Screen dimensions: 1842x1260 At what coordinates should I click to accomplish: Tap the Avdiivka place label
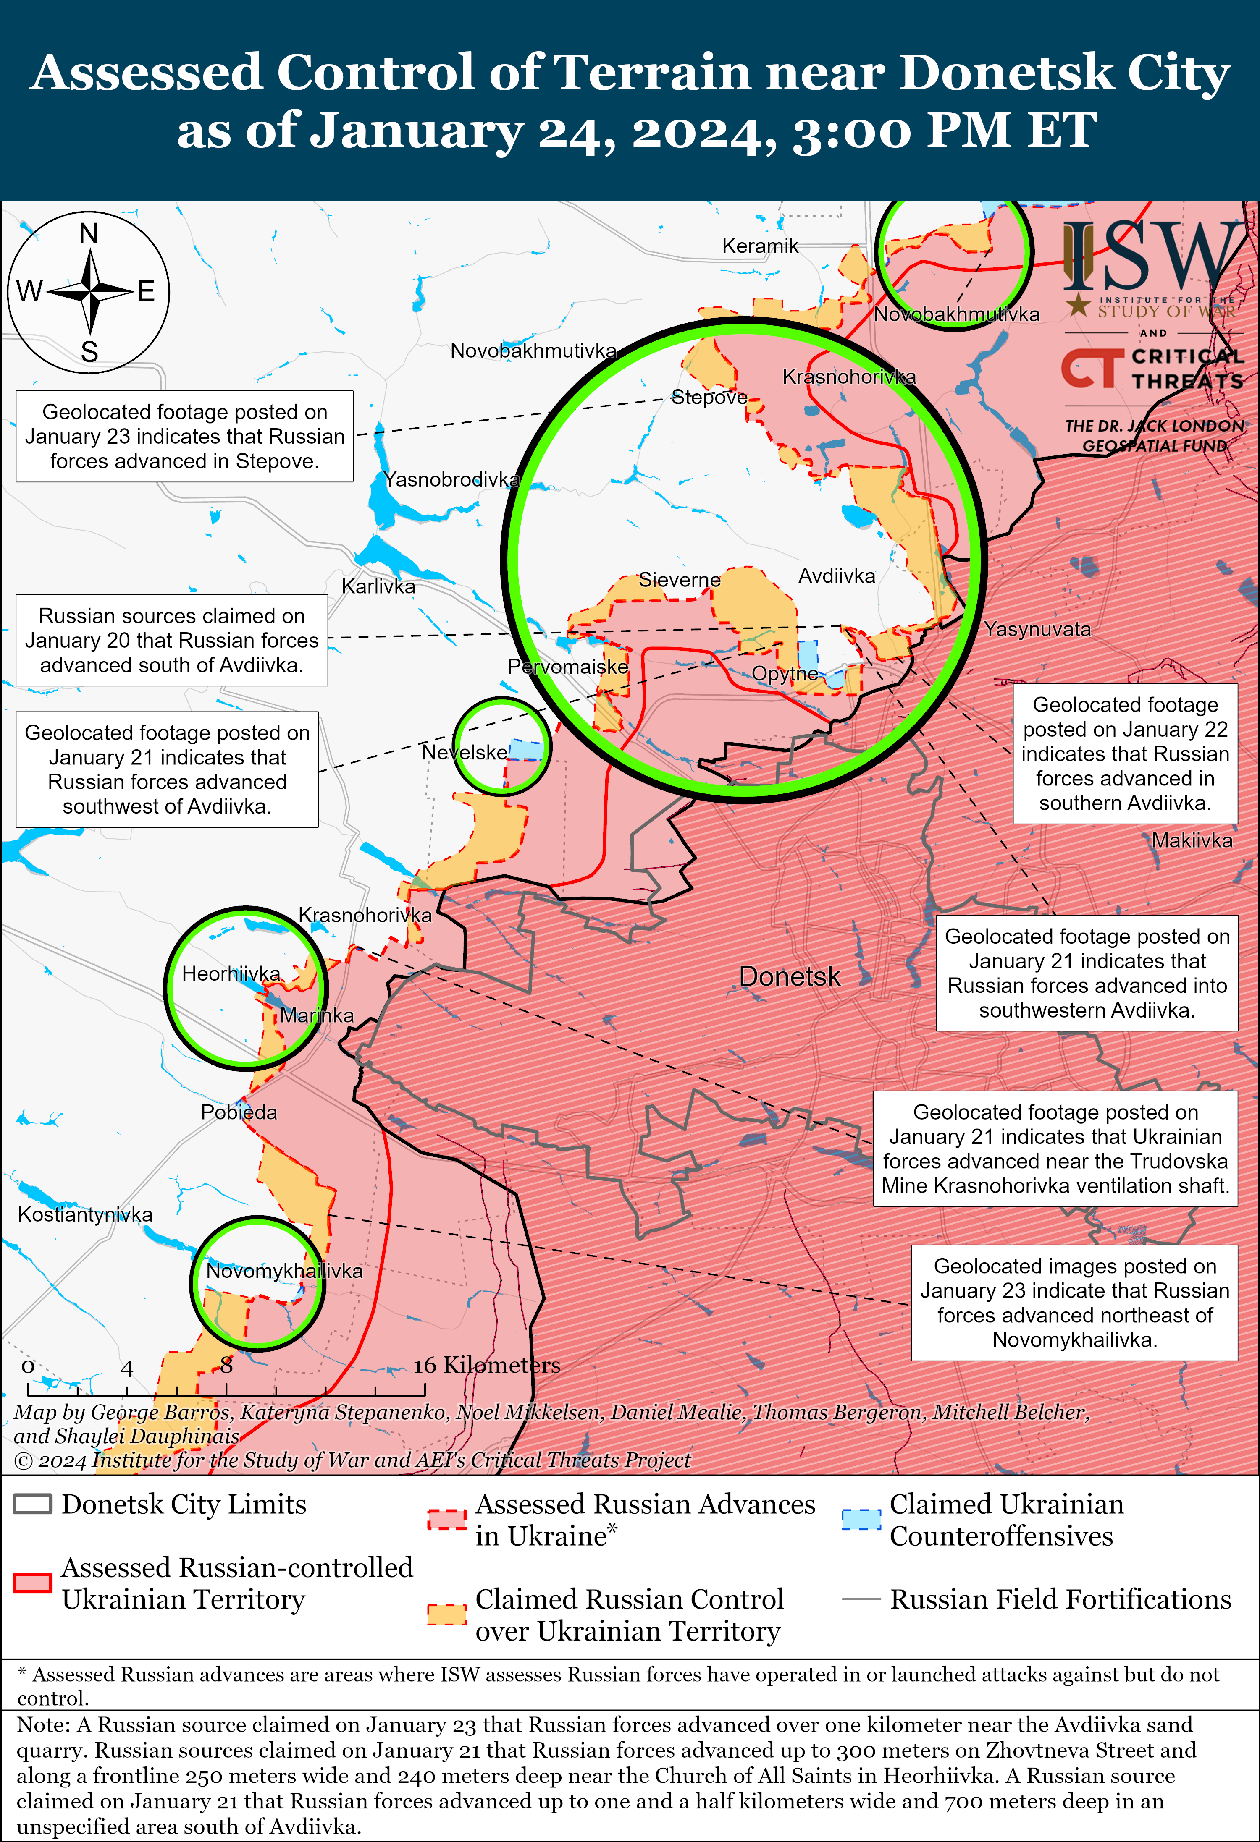(837, 576)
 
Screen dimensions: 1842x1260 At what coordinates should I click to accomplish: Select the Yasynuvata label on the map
(1037, 629)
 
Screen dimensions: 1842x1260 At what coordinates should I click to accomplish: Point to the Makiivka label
(1192, 840)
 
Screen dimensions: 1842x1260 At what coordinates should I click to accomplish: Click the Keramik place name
(760, 246)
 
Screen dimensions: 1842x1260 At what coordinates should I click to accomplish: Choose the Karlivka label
(378, 586)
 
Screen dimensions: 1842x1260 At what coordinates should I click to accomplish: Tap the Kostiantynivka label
(85, 1214)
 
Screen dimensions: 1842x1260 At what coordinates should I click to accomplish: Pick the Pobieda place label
(239, 1112)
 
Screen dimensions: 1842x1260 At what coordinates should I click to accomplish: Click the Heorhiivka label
(231, 973)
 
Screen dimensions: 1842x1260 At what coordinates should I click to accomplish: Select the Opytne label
(784, 674)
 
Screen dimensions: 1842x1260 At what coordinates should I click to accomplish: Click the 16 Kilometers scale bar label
(486, 1365)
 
